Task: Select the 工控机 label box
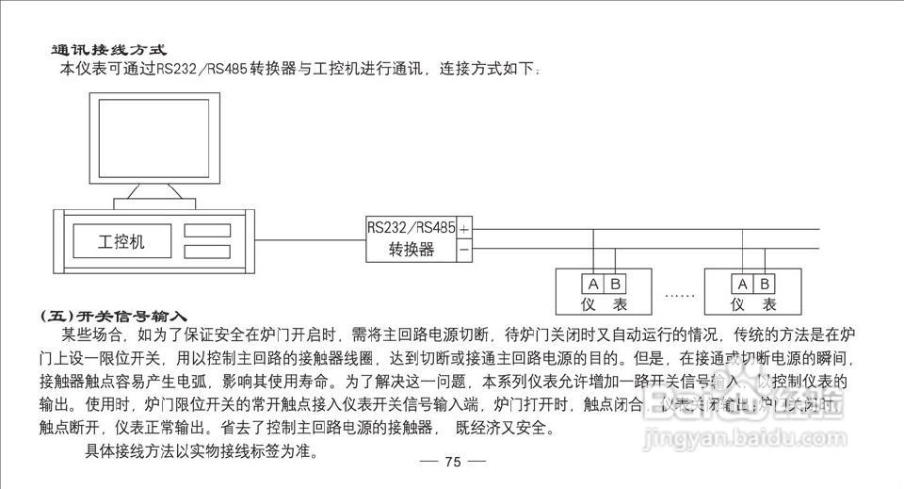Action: click(x=122, y=240)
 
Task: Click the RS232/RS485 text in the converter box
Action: click(x=411, y=228)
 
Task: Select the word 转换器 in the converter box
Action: click(x=412, y=250)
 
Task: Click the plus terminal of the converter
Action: click(x=464, y=228)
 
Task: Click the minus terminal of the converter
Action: click(x=464, y=250)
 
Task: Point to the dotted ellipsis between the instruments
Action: click(x=679, y=294)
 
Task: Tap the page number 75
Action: click(x=452, y=462)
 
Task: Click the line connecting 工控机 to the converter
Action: click(x=311, y=238)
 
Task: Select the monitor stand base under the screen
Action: click(x=153, y=203)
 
